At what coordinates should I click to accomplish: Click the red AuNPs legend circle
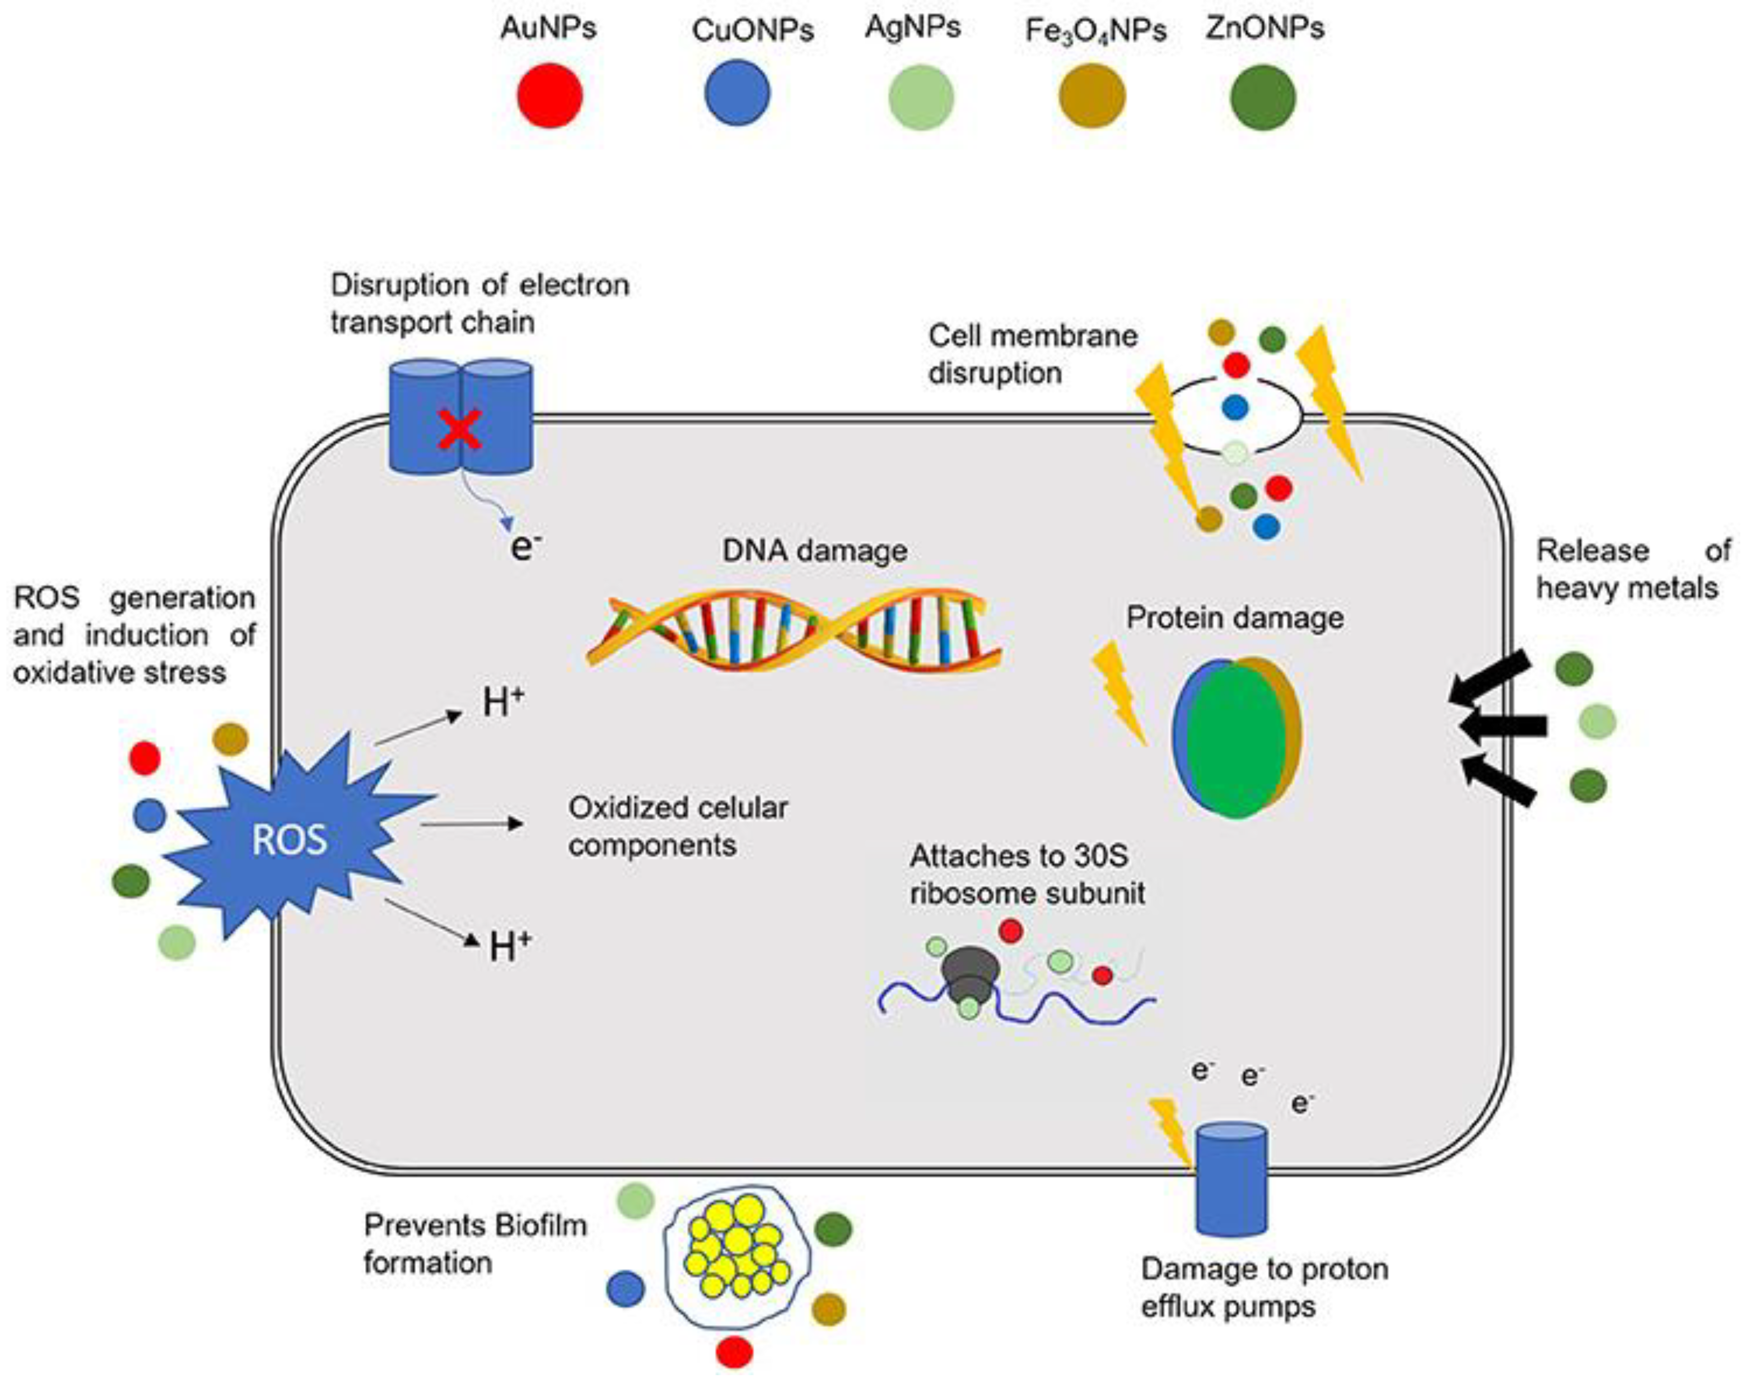[550, 96]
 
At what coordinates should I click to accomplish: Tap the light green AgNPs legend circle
[921, 98]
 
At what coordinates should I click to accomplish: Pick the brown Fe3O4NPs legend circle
[1091, 96]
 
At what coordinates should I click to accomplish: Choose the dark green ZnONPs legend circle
[1262, 98]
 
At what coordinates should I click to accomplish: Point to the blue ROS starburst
[290, 839]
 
